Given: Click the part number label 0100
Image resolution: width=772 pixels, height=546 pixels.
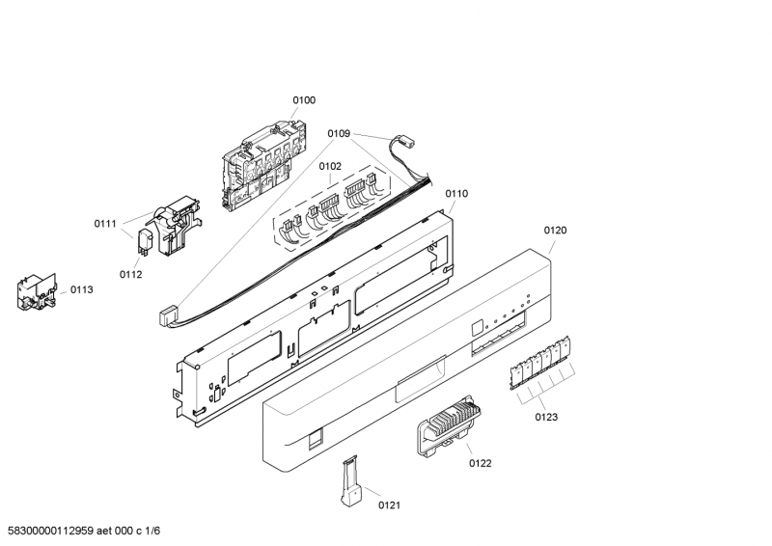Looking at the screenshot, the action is (304, 100).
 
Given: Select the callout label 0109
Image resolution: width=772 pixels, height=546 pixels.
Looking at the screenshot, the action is (339, 133).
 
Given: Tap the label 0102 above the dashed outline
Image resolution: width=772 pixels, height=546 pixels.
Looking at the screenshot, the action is (330, 167).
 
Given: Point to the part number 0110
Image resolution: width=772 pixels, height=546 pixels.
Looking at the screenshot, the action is (456, 194).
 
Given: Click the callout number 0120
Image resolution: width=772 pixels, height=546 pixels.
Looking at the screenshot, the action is (555, 231).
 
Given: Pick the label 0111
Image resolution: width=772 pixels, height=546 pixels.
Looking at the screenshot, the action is (105, 224).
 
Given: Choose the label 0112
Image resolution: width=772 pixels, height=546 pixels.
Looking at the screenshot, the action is (130, 275).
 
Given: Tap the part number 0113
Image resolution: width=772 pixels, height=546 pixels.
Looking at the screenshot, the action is (81, 290).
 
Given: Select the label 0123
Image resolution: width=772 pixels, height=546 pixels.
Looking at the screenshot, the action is (546, 418).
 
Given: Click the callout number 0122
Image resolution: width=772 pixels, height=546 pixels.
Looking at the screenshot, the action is (480, 463).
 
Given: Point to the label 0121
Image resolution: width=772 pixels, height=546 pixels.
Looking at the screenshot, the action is (389, 505).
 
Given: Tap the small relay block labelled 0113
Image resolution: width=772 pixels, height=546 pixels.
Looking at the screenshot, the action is (37, 292).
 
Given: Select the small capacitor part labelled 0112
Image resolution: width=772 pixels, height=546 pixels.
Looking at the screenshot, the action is (146, 242).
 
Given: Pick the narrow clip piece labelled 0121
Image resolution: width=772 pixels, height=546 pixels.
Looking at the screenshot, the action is (351, 480).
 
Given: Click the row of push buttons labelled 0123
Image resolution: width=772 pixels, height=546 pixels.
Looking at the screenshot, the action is (540, 363).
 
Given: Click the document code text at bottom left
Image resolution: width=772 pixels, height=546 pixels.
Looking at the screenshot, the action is (80, 531).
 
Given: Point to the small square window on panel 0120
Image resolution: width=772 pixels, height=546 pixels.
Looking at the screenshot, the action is (477, 328).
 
